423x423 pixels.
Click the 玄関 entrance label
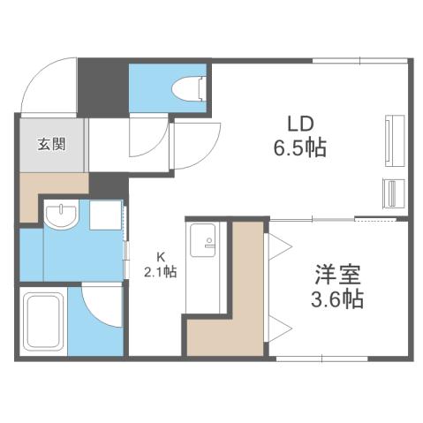coord(50,144)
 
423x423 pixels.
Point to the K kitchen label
coord(161,256)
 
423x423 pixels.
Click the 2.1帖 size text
coord(161,272)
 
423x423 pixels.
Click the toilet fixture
coord(189,88)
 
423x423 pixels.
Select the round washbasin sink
coord(61,216)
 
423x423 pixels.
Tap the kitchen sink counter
coord(205,265)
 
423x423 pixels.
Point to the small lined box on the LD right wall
coord(389,192)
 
